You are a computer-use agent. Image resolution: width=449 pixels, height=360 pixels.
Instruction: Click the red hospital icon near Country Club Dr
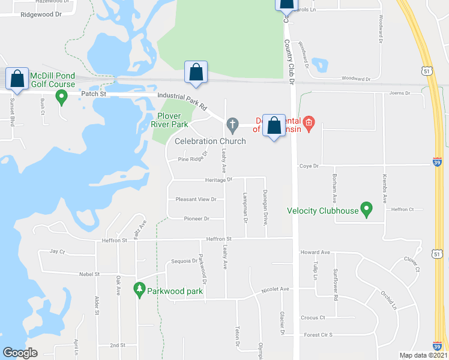(x=309, y=124)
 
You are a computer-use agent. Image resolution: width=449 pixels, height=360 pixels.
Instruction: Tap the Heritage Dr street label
(x=218, y=179)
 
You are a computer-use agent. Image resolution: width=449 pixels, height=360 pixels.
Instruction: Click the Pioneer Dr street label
(x=196, y=219)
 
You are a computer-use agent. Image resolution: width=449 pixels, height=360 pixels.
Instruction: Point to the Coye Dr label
(x=308, y=166)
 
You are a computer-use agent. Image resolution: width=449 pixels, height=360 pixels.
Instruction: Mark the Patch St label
(x=94, y=94)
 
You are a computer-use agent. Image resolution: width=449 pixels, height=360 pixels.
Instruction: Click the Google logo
(x=20, y=353)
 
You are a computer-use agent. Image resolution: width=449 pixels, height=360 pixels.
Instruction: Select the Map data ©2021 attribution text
(x=423, y=355)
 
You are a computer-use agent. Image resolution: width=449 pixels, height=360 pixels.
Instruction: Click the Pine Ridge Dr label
(x=192, y=158)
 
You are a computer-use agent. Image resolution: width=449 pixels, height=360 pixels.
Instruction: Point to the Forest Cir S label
(x=318, y=335)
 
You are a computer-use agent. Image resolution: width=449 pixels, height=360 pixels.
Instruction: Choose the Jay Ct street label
(x=57, y=252)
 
